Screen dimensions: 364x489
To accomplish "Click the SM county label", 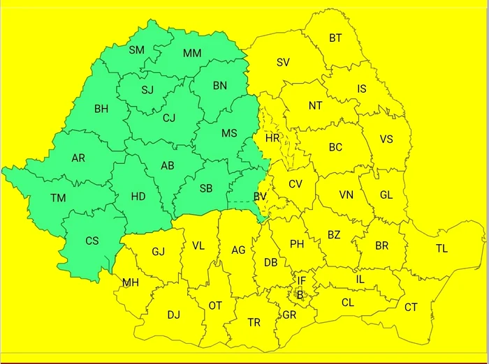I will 136,50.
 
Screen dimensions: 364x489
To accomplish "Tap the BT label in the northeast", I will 335,38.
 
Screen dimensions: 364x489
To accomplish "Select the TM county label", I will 58,198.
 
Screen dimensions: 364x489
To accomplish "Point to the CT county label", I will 411,307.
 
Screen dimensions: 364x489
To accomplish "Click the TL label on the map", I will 441,248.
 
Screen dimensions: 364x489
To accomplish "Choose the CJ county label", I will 169,118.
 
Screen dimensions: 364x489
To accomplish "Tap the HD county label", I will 138,197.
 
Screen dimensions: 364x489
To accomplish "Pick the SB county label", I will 206,189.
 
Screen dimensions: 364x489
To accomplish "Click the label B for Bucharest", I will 300,294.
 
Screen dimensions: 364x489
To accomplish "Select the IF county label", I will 301,280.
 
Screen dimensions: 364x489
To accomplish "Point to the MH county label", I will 131,282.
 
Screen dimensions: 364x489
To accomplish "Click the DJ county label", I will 173,314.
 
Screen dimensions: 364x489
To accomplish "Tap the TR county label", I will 254,323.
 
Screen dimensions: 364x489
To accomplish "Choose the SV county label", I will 283,62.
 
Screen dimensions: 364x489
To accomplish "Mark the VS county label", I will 386,139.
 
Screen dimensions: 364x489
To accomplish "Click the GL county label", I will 386,195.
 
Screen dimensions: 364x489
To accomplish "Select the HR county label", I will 272,138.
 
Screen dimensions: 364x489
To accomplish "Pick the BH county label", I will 101,109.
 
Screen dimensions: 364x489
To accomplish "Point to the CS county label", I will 92,241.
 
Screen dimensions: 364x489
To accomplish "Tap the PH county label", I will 297,244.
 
